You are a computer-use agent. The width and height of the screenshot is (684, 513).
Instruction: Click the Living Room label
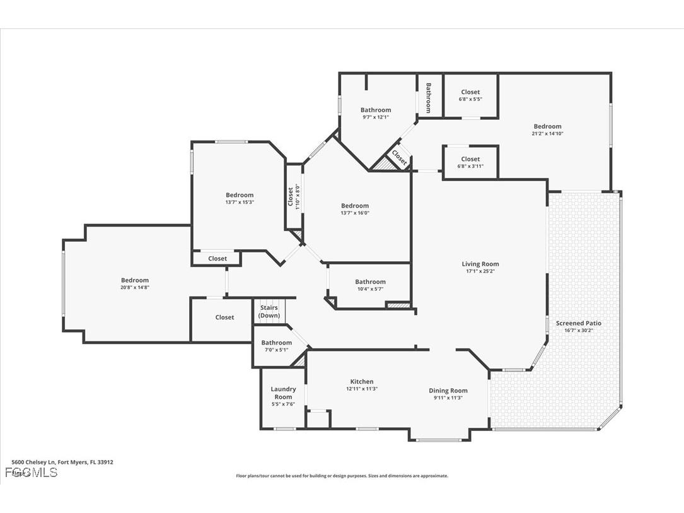(480, 264)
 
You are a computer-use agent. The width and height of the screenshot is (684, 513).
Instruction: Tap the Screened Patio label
(579, 323)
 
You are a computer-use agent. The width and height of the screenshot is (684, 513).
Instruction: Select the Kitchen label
(362, 382)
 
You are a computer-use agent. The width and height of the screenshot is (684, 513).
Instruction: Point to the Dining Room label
(448, 391)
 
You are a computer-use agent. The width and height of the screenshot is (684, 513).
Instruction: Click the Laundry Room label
(283, 393)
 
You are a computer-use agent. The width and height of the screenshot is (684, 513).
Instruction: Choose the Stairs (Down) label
(269, 312)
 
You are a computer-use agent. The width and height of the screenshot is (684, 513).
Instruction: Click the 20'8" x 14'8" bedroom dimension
(135, 287)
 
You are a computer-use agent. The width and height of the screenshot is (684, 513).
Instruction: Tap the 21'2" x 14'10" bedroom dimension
(547, 133)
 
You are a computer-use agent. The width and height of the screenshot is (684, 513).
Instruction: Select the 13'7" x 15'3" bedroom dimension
(240, 202)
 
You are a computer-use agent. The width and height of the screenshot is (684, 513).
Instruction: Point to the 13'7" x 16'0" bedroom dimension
(355, 213)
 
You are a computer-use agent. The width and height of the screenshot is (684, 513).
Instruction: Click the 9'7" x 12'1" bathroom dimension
(376, 117)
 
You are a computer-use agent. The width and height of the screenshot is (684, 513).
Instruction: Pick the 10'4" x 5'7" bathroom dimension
(370, 289)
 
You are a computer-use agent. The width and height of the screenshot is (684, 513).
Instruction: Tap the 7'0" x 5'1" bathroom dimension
(277, 350)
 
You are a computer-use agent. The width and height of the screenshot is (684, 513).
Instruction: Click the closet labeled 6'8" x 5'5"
(470, 99)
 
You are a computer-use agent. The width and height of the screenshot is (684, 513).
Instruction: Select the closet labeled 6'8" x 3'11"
(470, 166)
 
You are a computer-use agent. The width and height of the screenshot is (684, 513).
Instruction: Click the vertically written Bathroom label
(428, 98)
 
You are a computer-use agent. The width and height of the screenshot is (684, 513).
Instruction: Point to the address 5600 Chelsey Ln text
(62, 462)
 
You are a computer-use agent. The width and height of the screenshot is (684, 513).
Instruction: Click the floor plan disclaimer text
(342, 476)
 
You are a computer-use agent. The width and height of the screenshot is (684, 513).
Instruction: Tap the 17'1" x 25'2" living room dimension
(480, 271)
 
